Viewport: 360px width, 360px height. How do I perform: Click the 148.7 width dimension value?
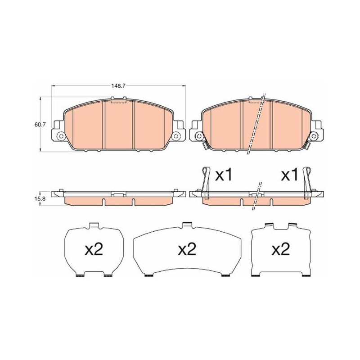click(x=118, y=86)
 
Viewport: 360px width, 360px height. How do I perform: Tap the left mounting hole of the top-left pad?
click(x=61, y=136)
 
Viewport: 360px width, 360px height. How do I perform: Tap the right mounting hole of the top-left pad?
click(x=176, y=136)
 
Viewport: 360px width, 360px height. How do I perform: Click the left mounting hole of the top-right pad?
click(x=198, y=136)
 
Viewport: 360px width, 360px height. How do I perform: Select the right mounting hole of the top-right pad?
click(x=314, y=136)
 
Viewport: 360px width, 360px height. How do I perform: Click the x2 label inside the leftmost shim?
click(x=94, y=249)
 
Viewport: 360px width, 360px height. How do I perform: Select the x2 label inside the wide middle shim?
click(x=187, y=249)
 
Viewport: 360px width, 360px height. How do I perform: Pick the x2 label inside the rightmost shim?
click(x=280, y=249)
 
